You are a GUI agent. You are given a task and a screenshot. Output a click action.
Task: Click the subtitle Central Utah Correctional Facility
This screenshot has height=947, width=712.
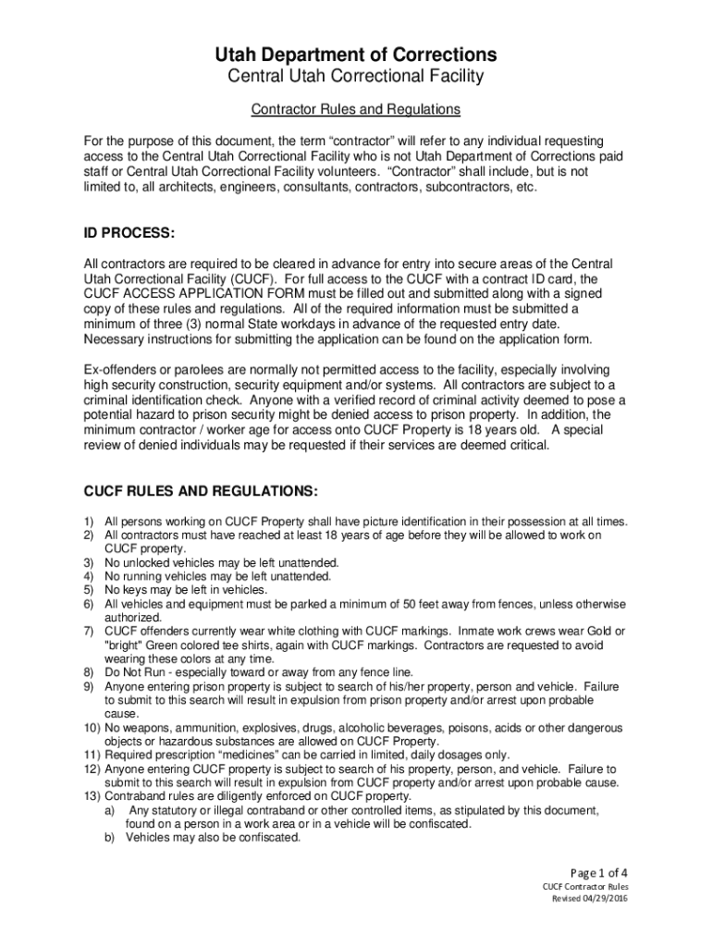point(356,76)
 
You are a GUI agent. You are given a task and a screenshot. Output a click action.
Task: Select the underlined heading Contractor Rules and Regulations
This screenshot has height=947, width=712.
point(356,110)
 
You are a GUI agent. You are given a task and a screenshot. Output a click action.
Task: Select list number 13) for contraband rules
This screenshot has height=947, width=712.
point(92,796)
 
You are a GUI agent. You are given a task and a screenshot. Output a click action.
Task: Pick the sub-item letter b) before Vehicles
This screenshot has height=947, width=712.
point(109,838)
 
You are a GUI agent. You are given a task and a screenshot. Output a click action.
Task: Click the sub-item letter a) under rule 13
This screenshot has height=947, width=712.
point(109,810)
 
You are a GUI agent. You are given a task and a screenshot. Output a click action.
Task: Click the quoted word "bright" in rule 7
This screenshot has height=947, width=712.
point(126,645)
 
